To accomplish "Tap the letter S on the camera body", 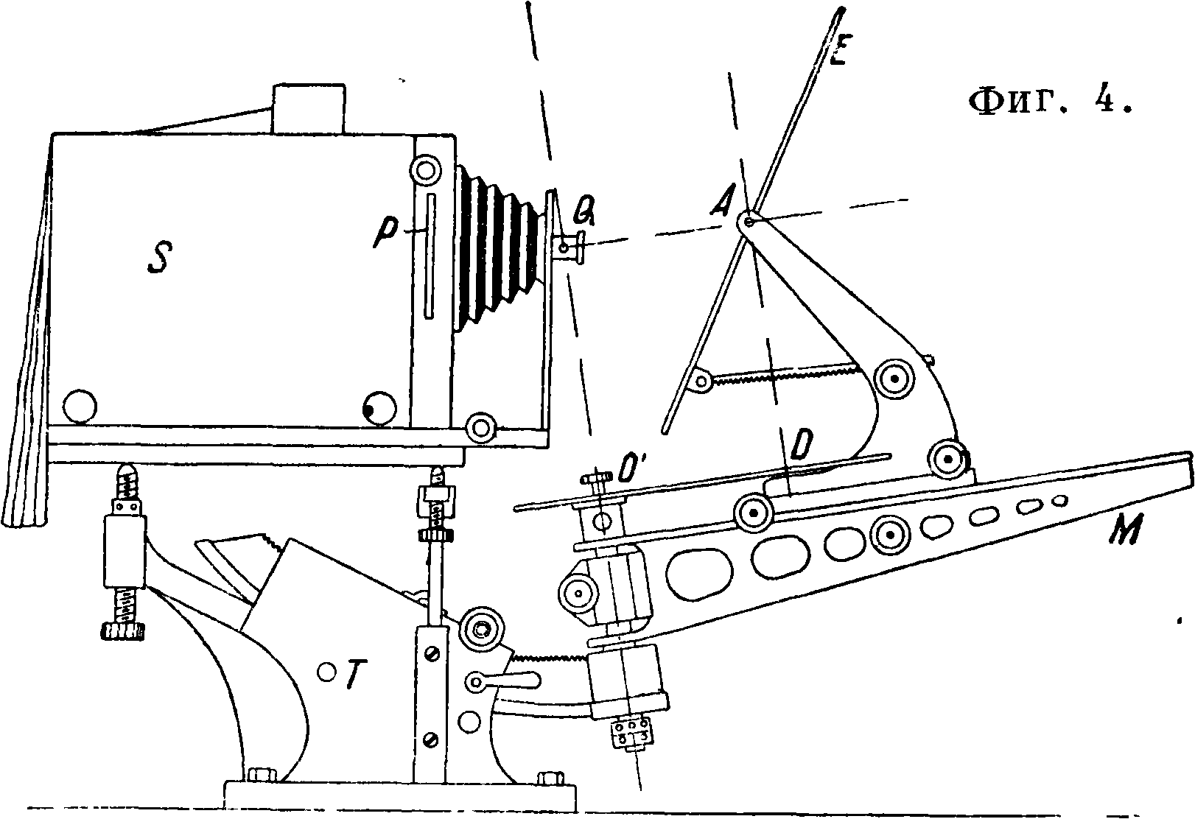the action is [160, 258].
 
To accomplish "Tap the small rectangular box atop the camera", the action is [309, 108].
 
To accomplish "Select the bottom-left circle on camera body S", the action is [80, 407].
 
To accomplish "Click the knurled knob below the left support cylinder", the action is [122, 632].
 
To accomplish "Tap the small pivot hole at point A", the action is [749, 221].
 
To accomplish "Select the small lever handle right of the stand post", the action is [503, 681].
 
